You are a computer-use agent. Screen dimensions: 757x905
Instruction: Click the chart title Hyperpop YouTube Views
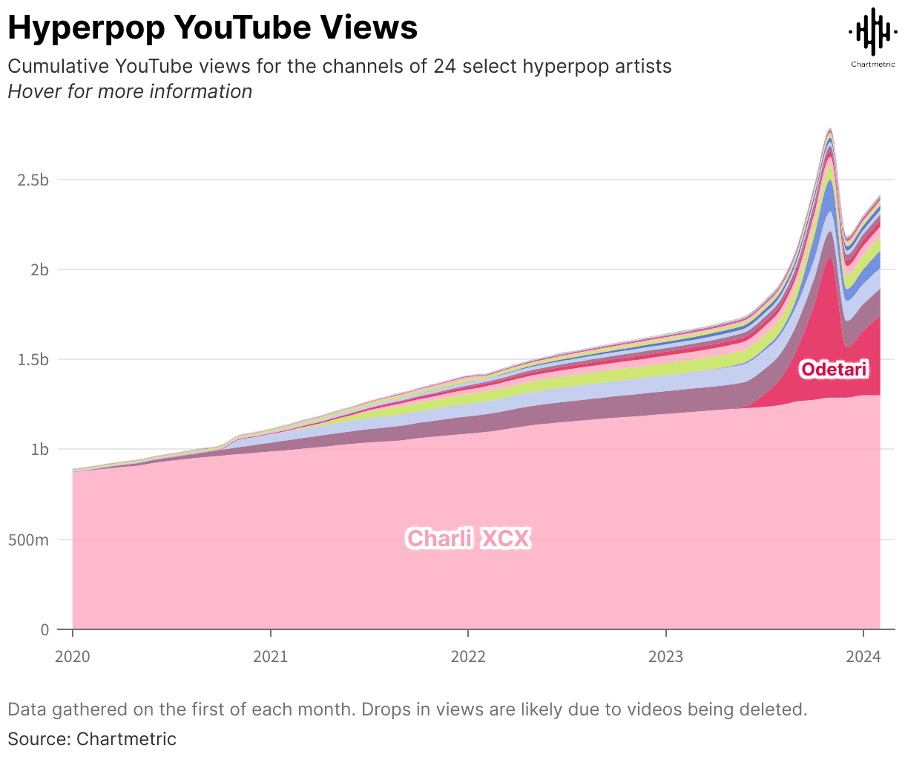point(212,27)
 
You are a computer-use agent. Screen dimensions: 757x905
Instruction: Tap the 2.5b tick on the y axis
point(33,180)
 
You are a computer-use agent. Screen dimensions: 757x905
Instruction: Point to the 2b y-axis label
point(39,270)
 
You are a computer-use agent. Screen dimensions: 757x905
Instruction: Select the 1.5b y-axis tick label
point(33,360)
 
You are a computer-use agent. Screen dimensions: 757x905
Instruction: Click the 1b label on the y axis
point(39,450)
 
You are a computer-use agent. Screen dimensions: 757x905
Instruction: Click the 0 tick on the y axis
point(45,630)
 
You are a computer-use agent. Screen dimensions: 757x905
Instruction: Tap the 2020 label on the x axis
point(73,657)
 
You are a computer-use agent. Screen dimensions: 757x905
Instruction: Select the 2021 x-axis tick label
point(271,657)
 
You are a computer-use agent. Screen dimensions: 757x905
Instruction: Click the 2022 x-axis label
point(468,657)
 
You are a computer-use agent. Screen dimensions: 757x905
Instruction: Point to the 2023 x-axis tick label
point(666,657)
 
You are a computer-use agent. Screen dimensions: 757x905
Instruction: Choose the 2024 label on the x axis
point(863,657)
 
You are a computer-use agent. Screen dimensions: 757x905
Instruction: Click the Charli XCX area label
point(468,538)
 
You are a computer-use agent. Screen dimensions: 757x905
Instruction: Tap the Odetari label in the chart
point(834,369)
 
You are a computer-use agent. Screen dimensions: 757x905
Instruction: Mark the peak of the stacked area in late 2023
point(829,129)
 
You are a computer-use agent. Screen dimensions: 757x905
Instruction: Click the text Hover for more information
point(130,91)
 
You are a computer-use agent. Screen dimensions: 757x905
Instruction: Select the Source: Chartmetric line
point(92,739)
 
